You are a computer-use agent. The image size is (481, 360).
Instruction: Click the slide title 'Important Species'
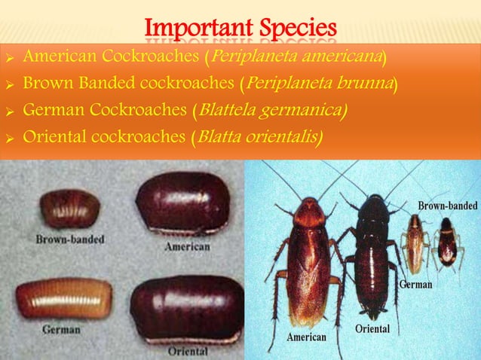tap(240, 28)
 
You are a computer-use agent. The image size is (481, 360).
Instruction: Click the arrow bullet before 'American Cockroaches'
tap(10, 57)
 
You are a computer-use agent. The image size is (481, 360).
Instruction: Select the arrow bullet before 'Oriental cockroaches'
tap(10, 139)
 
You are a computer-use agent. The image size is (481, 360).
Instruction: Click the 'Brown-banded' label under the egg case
tap(70, 239)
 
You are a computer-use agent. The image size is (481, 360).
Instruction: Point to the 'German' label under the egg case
tap(62, 329)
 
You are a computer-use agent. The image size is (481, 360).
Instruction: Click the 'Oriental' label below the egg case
tap(188, 351)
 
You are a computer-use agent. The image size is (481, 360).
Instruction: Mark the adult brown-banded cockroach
tap(447, 243)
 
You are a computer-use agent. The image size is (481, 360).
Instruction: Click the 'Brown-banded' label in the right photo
tap(447, 206)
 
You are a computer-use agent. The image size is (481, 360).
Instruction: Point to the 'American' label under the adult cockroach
tap(306, 337)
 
